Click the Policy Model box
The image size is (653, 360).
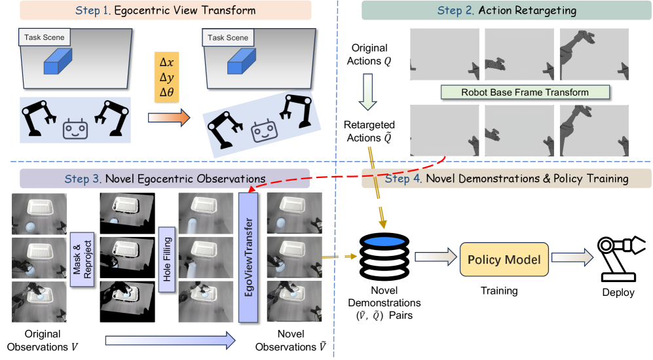[503, 260]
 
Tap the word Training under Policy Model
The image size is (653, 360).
[500, 291]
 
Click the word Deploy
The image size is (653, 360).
[618, 293]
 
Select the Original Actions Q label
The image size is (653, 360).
[370, 54]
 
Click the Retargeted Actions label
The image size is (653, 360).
[370, 132]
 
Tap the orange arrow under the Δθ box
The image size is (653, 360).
[168, 118]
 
